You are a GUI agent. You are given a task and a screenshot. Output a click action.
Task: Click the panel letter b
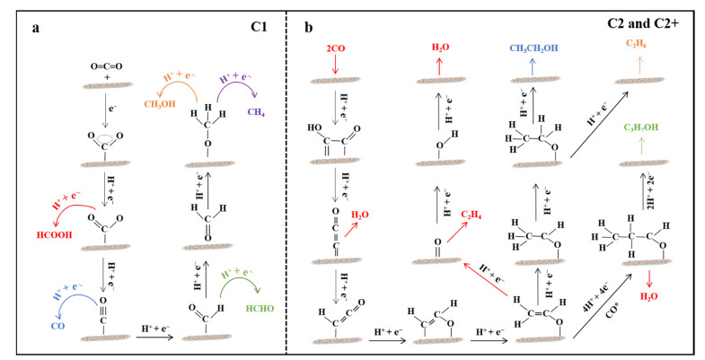coord(308,29)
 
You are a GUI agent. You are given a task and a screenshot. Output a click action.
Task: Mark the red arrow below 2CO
coord(334,65)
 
